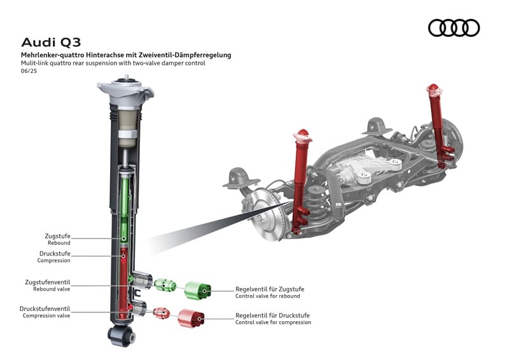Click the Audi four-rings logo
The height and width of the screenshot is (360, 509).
pos(454,28)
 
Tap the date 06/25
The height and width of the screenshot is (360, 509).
pos(28,71)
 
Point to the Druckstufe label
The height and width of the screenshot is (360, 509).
pos(55,253)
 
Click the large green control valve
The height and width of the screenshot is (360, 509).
pos(198,289)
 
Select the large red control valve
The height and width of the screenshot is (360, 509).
pos(191,316)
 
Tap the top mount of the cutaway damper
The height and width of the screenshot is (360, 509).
pos(125,92)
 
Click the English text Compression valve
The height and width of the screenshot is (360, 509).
pos(46,315)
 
